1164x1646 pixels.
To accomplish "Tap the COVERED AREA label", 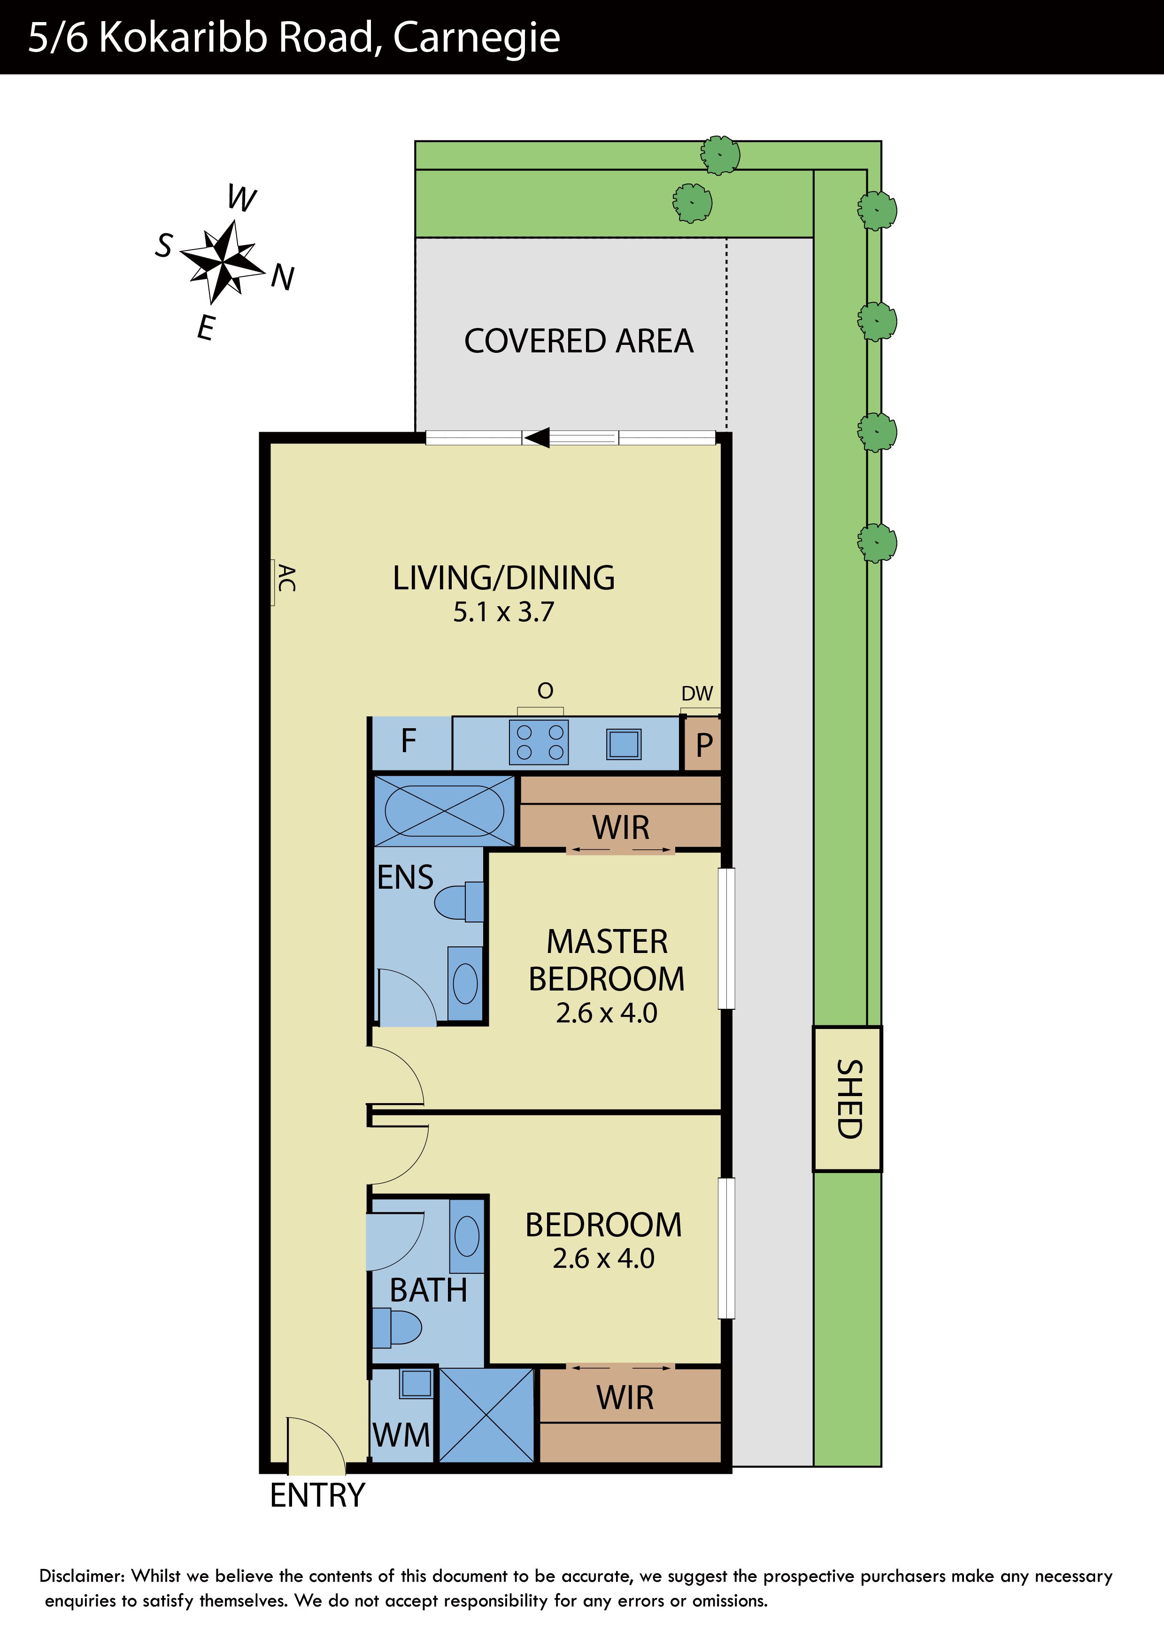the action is [x=579, y=341].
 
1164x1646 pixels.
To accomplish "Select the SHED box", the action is [x=847, y=1098].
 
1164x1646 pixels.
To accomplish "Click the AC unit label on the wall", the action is [x=286, y=578].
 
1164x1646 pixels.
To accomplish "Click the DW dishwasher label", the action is [x=697, y=693].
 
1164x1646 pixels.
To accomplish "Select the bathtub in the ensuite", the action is [x=445, y=811].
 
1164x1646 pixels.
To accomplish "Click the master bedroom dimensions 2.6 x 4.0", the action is [x=607, y=1013].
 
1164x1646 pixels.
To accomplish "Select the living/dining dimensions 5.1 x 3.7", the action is [x=503, y=612].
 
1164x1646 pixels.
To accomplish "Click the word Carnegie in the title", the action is [x=477, y=39].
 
